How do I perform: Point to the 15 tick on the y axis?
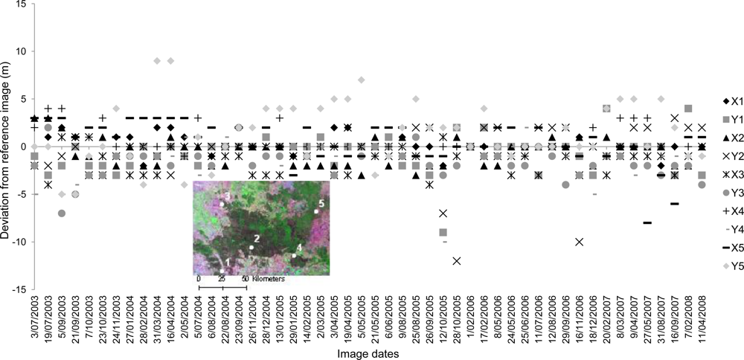tap(19, 4)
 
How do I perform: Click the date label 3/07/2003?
tap(35, 319)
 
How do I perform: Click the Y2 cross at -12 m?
tap(456, 260)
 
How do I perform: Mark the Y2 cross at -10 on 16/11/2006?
tap(579, 242)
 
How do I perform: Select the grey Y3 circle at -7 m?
tap(62, 213)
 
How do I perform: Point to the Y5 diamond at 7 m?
tap(362, 80)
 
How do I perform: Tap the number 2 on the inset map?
tap(257, 238)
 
